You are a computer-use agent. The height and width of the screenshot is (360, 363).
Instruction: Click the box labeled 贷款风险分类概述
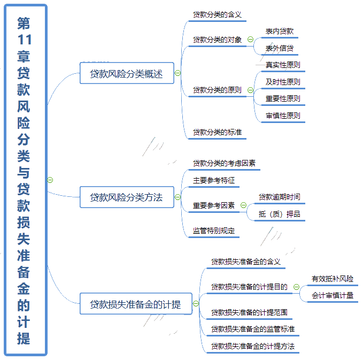127,73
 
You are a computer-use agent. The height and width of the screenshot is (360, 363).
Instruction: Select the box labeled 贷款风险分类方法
127,197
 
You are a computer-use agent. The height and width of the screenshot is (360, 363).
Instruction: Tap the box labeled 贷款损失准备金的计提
136,304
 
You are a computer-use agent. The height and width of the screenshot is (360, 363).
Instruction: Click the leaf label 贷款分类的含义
217,14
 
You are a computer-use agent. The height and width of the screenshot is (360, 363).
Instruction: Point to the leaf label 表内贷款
280,31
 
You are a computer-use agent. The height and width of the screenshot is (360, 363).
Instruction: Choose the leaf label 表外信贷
280,48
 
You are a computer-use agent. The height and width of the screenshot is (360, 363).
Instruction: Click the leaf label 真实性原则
283,65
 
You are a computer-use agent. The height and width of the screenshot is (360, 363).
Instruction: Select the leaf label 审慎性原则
283,116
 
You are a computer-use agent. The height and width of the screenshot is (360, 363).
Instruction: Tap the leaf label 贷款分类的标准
217,132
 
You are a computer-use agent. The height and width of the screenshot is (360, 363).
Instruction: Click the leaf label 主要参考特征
214,180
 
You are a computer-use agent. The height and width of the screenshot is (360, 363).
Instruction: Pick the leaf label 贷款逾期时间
280,197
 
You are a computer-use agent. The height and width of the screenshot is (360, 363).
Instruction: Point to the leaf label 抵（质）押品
280,214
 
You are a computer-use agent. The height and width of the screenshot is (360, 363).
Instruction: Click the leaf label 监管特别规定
214,231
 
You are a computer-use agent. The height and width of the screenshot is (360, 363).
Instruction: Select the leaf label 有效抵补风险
333,279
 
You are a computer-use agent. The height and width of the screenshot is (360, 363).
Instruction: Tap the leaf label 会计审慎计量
333,296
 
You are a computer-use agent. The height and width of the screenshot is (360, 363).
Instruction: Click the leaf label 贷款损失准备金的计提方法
253,346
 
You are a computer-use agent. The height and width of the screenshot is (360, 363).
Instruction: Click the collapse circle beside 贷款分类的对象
250,40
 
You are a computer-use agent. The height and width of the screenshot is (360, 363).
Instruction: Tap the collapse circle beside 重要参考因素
243,205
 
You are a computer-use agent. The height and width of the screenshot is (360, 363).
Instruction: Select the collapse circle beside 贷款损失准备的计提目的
296,287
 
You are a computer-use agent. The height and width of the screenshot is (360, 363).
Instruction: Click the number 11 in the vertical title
24,40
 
